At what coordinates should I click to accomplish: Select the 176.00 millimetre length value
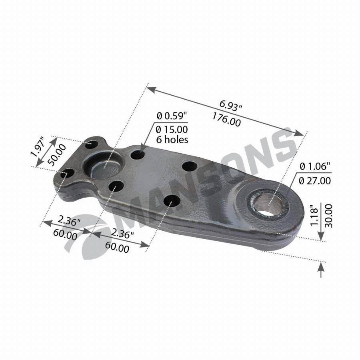[x=227, y=119]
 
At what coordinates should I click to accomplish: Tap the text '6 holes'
[x=172, y=140]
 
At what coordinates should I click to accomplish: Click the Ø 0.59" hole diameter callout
[x=172, y=116]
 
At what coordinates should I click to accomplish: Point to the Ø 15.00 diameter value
[x=172, y=130]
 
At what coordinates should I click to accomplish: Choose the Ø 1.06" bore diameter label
[x=315, y=166]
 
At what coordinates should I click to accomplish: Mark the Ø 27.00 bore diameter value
[x=315, y=181]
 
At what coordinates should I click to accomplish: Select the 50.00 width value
[x=56, y=155]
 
